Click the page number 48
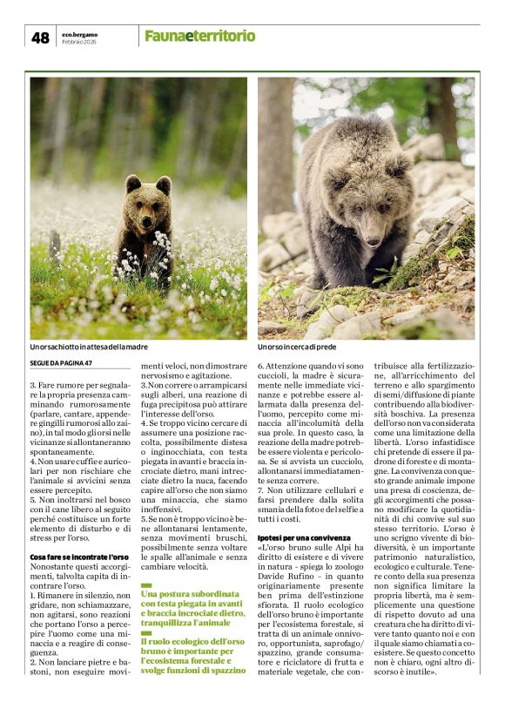pyautogui.click(x=40, y=37)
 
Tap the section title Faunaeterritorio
pyautogui.click(x=199, y=36)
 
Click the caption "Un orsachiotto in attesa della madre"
pyautogui.click(x=89, y=347)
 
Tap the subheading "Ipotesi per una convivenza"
pyautogui.click(x=304, y=514)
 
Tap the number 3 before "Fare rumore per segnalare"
pyautogui.click(x=33, y=384)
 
